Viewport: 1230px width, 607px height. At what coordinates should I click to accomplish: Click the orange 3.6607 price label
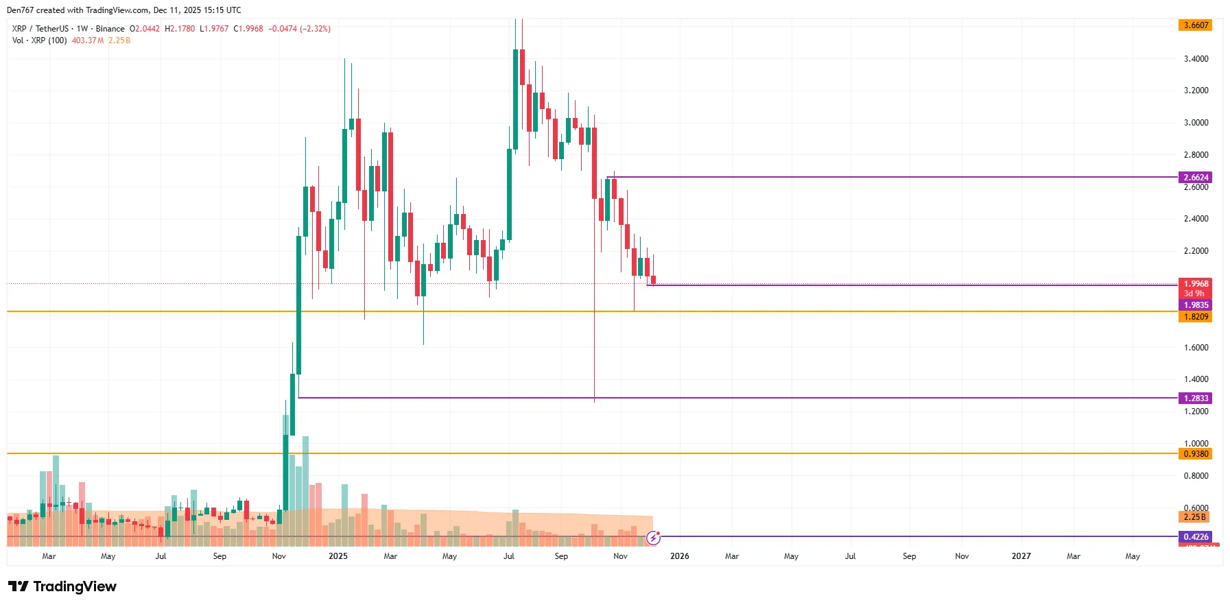[1195, 25]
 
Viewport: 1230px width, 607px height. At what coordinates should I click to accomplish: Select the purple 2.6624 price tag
[1195, 177]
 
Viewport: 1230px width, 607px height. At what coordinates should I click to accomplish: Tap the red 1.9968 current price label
[1195, 284]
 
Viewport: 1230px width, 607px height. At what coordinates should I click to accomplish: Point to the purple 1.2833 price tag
[1195, 398]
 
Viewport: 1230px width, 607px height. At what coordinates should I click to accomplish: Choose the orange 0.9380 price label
[1195, 454]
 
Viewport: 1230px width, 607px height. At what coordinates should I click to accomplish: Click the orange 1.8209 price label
[1195, 317]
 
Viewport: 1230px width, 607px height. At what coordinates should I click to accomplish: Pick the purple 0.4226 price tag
[1195, 537]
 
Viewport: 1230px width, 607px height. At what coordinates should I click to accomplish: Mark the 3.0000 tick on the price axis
[1196, 123]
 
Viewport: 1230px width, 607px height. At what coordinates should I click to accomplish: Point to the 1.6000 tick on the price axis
[1196, 348]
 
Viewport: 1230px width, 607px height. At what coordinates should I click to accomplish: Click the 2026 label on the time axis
[679, 556]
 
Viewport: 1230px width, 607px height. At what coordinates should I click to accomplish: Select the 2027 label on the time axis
[1021, 556]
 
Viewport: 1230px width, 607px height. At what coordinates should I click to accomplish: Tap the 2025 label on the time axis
[338, 556]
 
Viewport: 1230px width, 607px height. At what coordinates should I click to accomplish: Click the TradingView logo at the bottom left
[62, 586]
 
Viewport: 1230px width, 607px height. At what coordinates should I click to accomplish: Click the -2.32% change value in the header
[316, 29]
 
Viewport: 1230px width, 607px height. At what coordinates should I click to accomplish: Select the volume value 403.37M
[88, 40]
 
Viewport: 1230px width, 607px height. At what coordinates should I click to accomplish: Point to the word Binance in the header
[110, 29]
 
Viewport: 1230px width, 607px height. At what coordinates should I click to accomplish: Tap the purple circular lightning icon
[653, 538]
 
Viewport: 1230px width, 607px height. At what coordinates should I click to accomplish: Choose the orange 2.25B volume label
[1194, 517]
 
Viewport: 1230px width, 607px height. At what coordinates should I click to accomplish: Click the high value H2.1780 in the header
[180, 29]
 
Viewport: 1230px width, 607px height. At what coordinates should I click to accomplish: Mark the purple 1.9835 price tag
[1195, 305]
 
